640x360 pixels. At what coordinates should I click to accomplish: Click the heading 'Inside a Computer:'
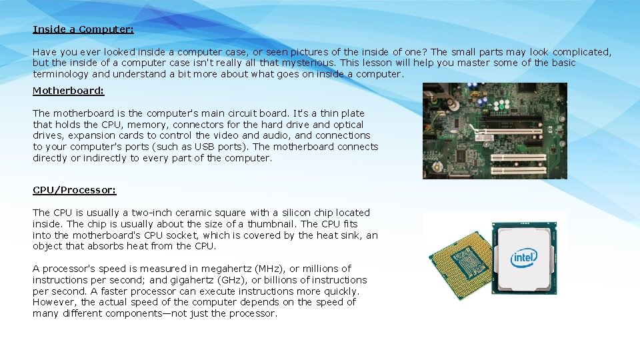pyautogui.click(x=83, y=29)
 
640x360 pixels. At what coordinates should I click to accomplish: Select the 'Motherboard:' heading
pyautogui.click(x=69, y=90)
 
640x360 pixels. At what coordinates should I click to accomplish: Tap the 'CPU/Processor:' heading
pyautogui.click(x=75, y=190)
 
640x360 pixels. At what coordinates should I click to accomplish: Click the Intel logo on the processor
pyautogui.click(x=524, y=257)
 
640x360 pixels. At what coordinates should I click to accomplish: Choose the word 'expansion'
pyautogui.click(x=84, y=135)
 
